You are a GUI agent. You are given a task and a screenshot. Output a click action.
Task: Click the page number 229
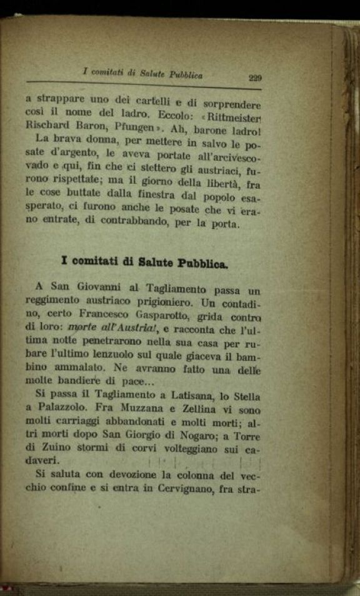tap(254, 78)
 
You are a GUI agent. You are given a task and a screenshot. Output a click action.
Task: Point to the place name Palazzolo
tap(62, 410)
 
